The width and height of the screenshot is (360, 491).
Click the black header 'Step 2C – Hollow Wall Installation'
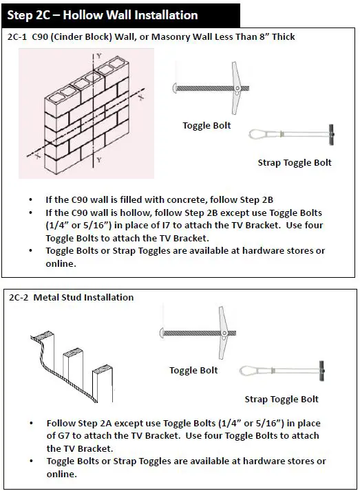click(120, 15)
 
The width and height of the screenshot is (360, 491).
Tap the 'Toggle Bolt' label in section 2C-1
click(207, 126)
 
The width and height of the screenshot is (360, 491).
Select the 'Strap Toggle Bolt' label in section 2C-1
click(295, 163)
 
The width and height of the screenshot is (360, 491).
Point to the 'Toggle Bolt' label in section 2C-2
click(193, 371)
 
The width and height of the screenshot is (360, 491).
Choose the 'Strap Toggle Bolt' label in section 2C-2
click(282, 400)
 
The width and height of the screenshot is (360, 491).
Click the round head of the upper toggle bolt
click(175, 88)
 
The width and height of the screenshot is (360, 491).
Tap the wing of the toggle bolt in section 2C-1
click(236, 88)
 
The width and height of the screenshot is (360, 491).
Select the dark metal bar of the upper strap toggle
click(331, 134)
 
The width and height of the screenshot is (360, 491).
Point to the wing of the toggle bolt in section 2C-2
click(223, 333)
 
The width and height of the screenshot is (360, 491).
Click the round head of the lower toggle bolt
click(162, 333)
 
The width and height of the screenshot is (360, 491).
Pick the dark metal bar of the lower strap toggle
click(321, 371)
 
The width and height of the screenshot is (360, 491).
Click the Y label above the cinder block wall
click(99, 56)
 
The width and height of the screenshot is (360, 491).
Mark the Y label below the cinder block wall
click(99, 160)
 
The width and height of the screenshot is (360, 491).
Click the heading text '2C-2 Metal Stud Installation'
click(72, 297)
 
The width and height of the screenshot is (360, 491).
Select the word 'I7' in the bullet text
click(165, 226)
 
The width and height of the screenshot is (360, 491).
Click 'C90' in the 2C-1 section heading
click(40, 37)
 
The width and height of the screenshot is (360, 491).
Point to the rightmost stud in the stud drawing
click(103, 384)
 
